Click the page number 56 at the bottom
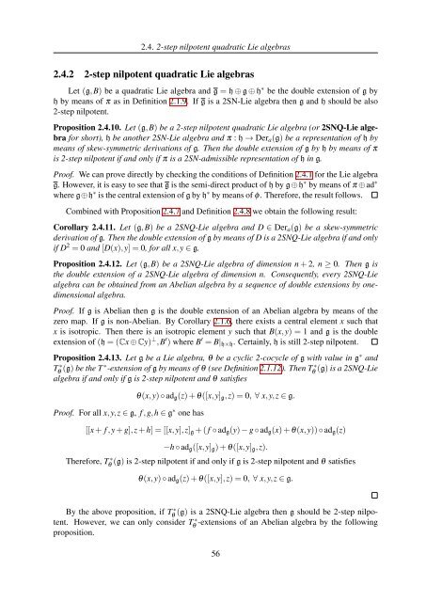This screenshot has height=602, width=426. [x=213, y=582]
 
